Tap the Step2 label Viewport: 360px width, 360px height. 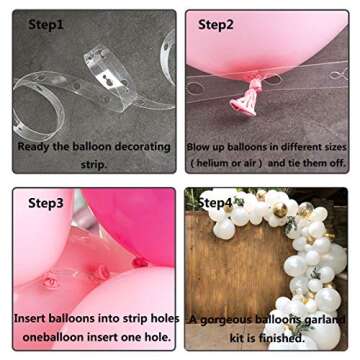219,24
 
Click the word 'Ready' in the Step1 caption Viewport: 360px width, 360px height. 38,146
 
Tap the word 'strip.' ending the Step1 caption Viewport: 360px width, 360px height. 92,164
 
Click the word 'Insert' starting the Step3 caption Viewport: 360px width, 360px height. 32,319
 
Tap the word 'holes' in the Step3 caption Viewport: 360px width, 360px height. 162,319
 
